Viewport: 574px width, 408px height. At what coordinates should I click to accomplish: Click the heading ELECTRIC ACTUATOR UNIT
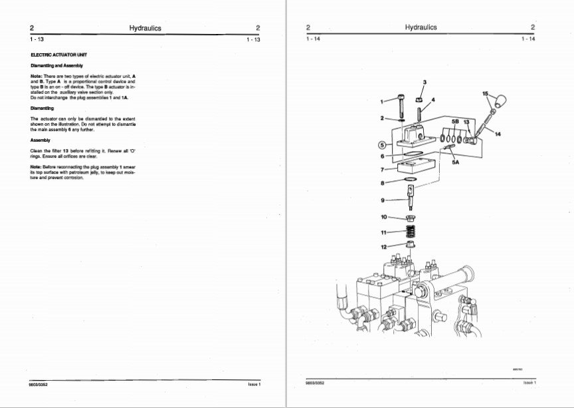59,54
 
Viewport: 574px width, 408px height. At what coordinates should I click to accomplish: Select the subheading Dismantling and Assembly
55,66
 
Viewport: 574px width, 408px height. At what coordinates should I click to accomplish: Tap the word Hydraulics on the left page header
145,28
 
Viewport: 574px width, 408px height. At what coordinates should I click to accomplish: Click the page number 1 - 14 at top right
528,39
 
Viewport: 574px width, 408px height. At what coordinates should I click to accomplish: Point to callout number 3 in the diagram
425,82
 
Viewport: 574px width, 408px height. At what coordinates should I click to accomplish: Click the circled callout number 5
382,144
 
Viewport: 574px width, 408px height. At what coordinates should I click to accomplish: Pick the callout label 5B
455,122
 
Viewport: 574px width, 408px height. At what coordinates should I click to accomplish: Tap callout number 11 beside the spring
383,232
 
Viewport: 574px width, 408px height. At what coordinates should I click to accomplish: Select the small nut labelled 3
421,100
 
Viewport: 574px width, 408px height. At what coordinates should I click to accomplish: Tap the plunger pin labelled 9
412,197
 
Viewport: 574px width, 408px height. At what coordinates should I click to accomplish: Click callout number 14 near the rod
498,134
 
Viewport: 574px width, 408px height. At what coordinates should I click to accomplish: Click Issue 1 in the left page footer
254,384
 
